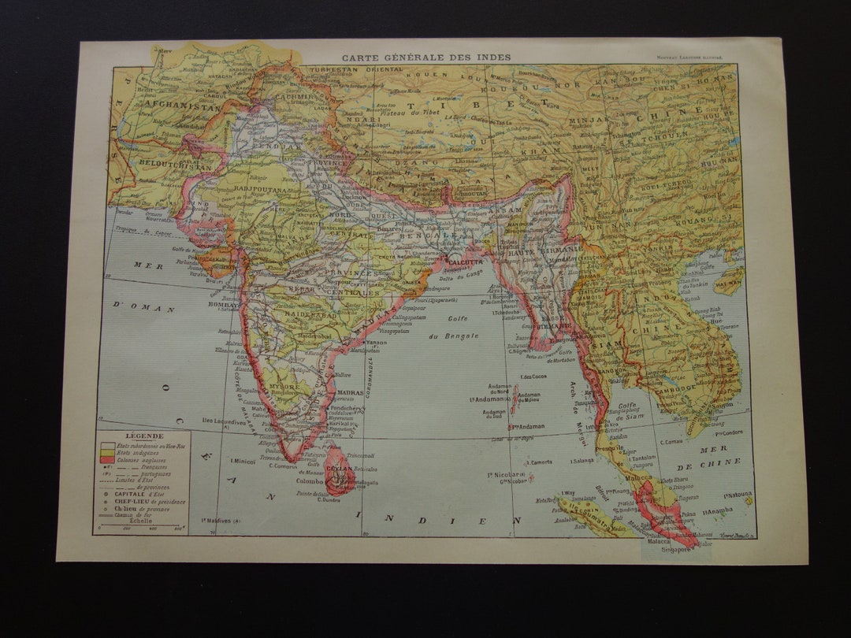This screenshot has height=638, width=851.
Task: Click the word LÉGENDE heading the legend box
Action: click(x=143, y=436)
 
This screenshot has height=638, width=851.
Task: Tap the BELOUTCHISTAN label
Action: click(x=164, y=167)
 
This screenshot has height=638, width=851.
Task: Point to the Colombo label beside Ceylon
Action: click(x=309, y=480)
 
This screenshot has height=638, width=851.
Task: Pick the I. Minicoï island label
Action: click(x=243, y=462)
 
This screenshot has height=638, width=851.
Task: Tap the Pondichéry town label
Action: click(x=344, y=410)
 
